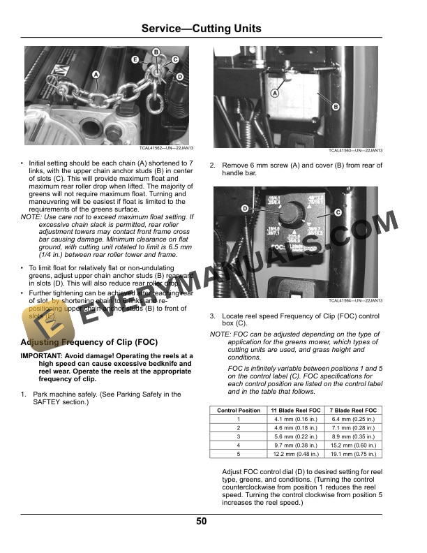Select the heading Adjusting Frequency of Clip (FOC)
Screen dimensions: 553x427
pyautogui.click(x=89, y=342)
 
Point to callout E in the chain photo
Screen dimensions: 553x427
pyautogui.click(x=135, y=60)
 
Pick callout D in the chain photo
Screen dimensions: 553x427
pyautogui.click(x=180, y=76)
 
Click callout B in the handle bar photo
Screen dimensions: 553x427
pyautogui.click(x=336, y=106)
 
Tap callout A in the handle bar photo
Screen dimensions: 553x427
pyautogui.click(x=275, y=92)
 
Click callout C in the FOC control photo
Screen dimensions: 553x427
pyautogui.click(x=338, y=212)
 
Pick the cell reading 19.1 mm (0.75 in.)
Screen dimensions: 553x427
pyautogui.click(x=353, y=453)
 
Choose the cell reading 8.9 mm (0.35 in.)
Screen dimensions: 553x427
pyautogui.click(x=353, y=436)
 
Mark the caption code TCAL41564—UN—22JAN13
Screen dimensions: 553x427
pyautogui.click(x=356, y=300)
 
